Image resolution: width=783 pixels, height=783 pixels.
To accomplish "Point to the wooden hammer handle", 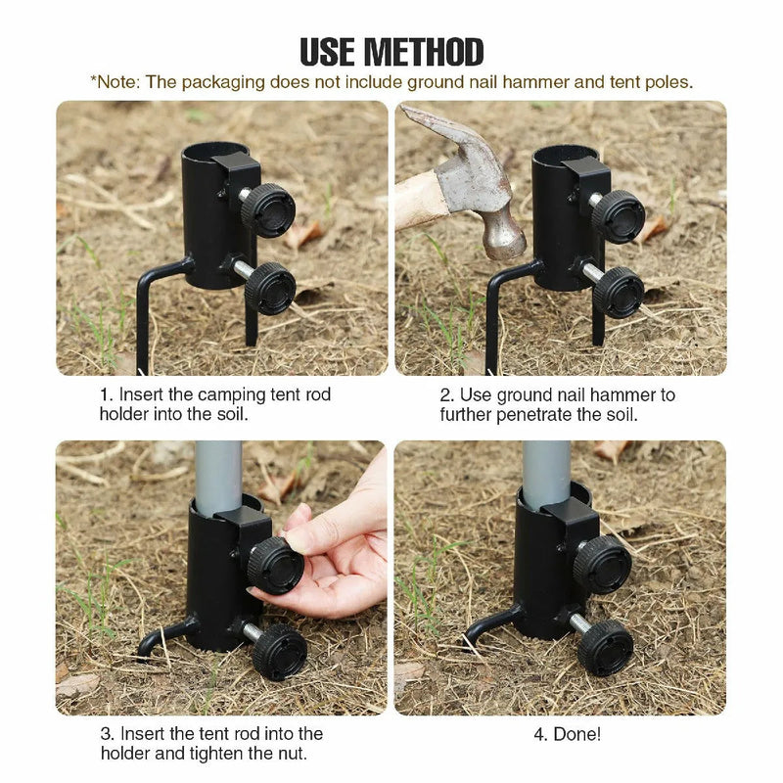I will (x=415, y=201).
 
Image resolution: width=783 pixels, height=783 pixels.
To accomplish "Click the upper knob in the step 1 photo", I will (x=267, y=209).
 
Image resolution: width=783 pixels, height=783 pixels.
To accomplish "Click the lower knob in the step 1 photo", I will (x=270, y=287).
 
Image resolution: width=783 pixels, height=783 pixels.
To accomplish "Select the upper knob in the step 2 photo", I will (x=619, y=215).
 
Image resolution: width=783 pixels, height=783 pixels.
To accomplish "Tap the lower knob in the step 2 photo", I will (x=619, y=291).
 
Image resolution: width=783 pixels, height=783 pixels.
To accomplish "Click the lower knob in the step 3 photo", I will (x=280, y=652).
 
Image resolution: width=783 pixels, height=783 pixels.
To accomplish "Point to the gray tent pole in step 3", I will (x=217, y=474).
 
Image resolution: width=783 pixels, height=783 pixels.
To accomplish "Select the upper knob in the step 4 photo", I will (x=602, y=563).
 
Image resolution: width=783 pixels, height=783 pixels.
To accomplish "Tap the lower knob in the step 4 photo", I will (x=605, y=647).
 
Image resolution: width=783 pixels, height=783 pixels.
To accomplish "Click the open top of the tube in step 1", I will (x=213, y=152).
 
